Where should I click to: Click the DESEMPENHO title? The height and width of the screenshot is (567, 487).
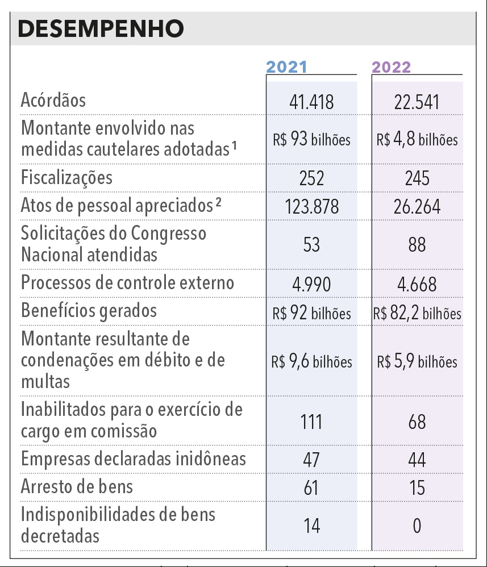(101, 28)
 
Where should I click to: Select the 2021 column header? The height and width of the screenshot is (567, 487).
(286, 67)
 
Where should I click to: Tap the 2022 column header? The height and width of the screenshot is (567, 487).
(391, 67)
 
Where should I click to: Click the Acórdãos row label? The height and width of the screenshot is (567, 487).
(53, 100)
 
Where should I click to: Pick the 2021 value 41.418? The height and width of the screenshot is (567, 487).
(311, 102)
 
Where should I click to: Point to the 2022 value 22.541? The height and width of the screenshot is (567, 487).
(417, 102)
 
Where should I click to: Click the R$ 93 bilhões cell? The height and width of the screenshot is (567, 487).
(311, 139)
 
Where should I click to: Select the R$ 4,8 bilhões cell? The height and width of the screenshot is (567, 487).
(417, 139)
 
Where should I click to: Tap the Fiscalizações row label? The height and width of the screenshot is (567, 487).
(66, 178)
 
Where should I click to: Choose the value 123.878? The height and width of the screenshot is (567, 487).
(311, 207)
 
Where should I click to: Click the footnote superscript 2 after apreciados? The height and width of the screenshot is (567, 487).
(219, 202)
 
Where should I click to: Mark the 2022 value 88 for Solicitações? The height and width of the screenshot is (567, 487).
(417, 244)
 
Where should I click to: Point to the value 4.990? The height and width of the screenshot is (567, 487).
(311, 284)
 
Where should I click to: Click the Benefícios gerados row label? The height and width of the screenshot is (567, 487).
(89, 311)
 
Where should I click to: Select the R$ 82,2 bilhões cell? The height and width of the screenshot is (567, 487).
(417, 313)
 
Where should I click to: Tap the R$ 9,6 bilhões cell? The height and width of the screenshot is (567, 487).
(311, 361)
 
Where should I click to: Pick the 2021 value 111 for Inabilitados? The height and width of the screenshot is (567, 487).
(311, 422)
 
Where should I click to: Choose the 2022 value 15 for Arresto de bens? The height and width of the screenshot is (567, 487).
(417, 487)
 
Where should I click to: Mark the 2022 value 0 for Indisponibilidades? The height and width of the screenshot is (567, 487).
(417, 526)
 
